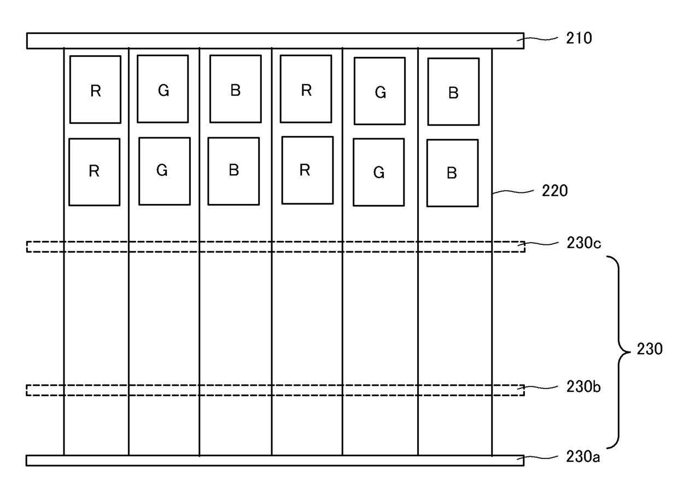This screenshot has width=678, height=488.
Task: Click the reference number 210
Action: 579,38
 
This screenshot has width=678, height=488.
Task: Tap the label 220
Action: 554,191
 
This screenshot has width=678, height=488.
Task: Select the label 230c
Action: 584,243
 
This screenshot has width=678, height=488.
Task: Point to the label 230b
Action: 584,387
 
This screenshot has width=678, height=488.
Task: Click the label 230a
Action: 584,455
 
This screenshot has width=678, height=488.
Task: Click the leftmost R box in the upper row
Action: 95,89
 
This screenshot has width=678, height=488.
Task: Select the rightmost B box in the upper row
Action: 453,92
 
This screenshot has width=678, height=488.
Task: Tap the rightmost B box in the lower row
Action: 452,173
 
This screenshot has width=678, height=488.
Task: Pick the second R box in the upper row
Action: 306,89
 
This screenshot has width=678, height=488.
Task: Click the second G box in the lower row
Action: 378,172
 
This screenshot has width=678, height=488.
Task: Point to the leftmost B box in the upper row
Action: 235,89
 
